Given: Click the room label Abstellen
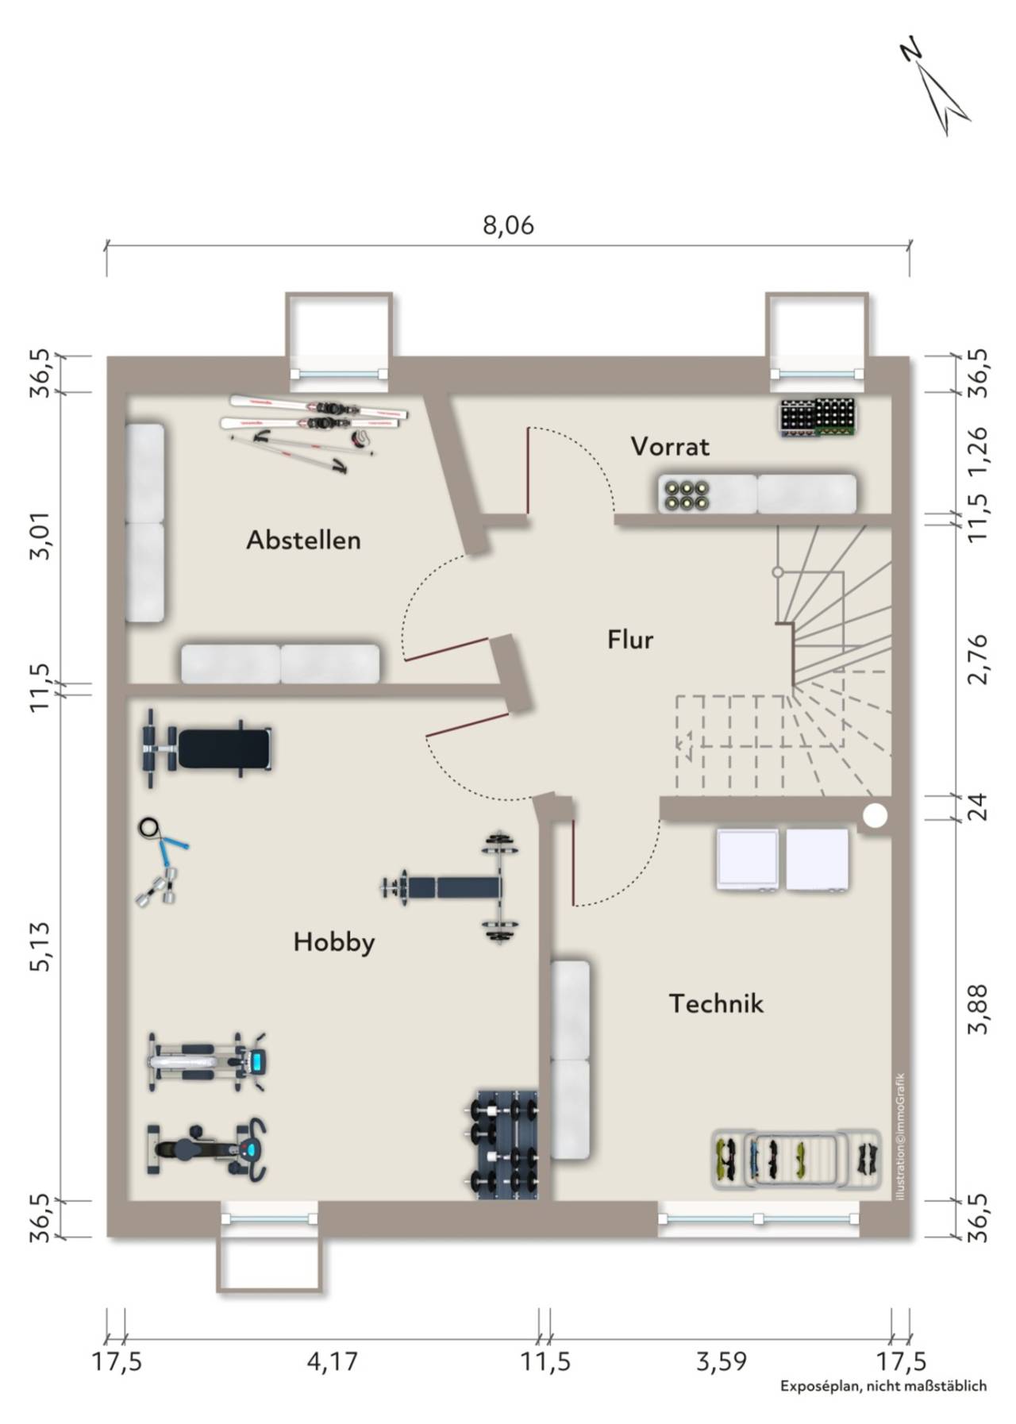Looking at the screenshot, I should (x=303, y=540).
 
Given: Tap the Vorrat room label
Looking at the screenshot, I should (x=670, y=447).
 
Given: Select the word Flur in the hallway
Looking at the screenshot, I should (x=630, y=639).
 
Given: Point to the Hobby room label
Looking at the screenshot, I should (x=333, y=942).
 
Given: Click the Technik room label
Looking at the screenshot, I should (x=716, y=1003).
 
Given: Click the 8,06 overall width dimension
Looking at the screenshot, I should (x=509, y=225).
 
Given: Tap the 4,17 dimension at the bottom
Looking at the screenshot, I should (x=332, y=1362).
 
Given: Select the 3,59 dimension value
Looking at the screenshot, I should (x=722, y=1362).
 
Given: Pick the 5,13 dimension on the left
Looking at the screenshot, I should (x=41, y=945).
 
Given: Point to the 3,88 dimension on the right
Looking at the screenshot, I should (x=979, y=1009).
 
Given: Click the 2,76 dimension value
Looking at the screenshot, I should (x=979, y=658).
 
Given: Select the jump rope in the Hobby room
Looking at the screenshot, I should (x=164, y=841).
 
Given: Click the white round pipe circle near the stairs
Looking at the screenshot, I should (x=876, y=815).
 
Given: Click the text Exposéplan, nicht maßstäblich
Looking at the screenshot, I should (x=883, y=1386).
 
